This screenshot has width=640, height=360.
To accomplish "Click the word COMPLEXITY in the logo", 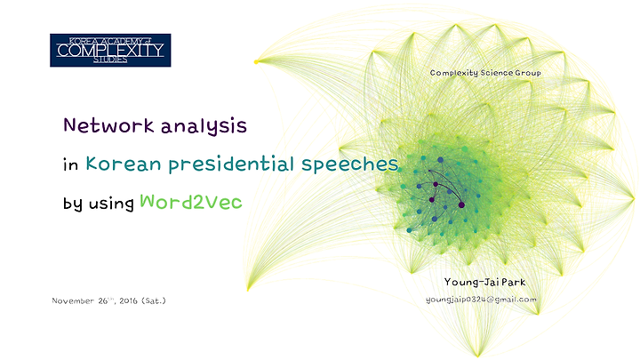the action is (x=110, y=51).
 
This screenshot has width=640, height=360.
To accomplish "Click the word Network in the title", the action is (x=108, y=125).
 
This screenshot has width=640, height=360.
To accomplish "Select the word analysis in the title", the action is (x=204, y=126).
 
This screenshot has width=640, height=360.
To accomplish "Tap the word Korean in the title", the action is (x=124, y=164).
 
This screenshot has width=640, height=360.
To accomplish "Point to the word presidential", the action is (x=231, y=165).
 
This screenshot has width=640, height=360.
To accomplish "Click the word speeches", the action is (x=350, y=165).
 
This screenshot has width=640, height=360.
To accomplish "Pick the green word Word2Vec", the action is (x=191, y=202).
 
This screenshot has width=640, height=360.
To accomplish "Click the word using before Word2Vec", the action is (x=111, y=204).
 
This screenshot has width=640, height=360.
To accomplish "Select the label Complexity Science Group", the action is (x=485, y=73).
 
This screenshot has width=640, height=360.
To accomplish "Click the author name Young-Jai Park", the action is (x=485, y=282).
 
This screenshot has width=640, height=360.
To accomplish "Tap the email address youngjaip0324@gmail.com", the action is (x=481, y=300).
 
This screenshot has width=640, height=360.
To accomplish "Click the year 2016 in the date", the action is (x=128, y=300).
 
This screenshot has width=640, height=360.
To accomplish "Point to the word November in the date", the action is (x=73, y=300).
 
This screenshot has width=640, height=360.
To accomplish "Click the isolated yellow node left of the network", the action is (x=256, y=62).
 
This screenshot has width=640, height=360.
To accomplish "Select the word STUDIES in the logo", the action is (x=110, y=60).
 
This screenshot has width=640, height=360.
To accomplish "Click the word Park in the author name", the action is (x=514, y=282).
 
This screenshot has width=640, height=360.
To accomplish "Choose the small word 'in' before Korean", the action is (x=70, y=165).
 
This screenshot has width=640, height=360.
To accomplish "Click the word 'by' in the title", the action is (x=72, y=204).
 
